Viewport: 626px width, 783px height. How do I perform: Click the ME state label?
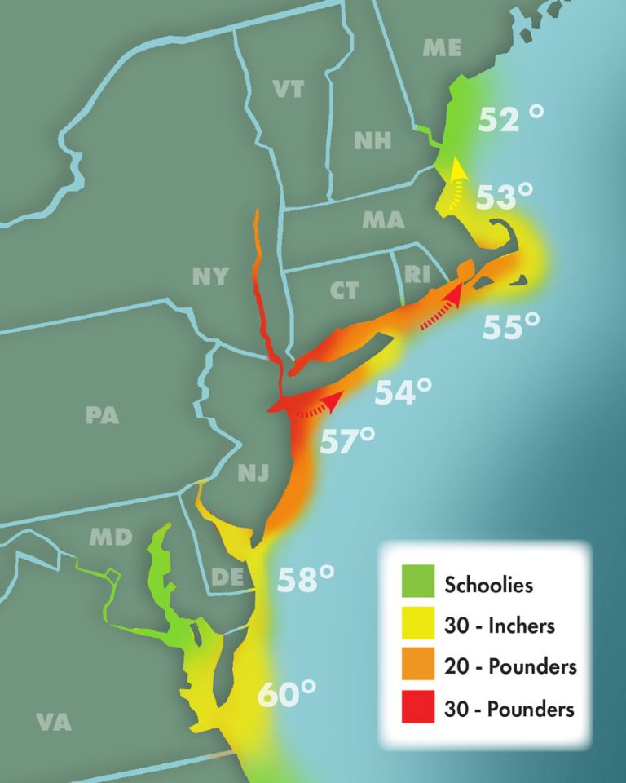point(442,49)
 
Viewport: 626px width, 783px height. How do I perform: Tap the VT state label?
point(289,89)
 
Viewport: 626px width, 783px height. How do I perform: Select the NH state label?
point(372,140)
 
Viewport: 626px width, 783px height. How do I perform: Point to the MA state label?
point(383,220)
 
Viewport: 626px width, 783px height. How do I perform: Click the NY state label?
point(210,276)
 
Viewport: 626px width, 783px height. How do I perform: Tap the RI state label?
point(417,275)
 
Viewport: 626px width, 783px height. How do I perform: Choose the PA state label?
point(103,415)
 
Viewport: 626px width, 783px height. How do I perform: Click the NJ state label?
point(253,472)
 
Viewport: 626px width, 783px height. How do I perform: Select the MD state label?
point(111,537)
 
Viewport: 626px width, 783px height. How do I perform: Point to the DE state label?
point(227,577)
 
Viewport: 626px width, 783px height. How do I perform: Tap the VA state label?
point(54,722)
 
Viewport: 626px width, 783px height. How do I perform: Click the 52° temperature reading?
point(511,120)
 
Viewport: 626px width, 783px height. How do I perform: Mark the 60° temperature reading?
point(287,695)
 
